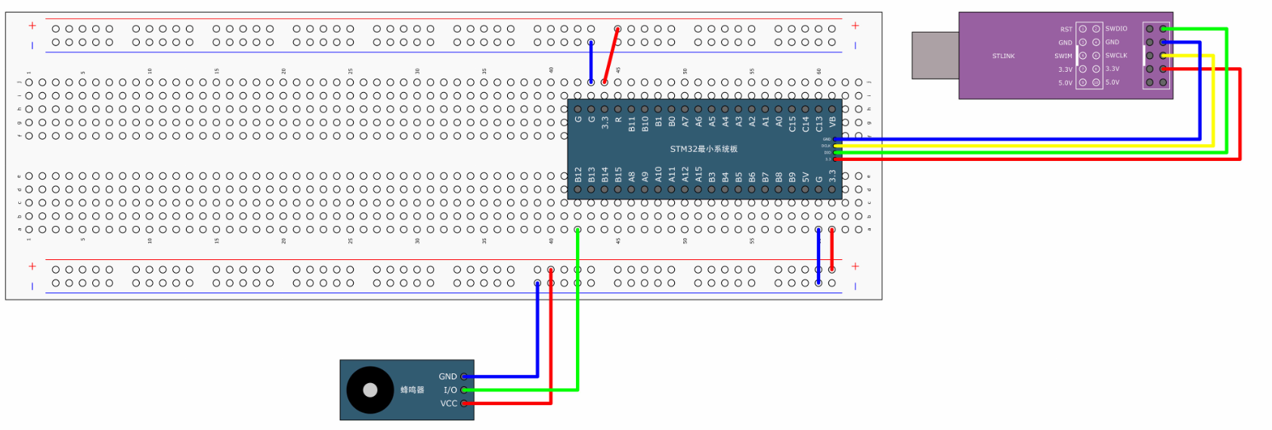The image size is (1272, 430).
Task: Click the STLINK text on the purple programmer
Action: [1003, 56]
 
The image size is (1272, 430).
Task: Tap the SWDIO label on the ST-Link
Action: [1116, 29]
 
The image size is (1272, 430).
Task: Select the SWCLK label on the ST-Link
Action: [1116, 55]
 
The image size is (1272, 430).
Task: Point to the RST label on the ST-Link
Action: [1066, 29]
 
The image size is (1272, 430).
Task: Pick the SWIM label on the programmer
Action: [1063, 56]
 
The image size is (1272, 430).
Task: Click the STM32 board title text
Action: [703, 149]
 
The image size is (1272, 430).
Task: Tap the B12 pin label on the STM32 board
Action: [578, 175]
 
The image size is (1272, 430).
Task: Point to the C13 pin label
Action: [819, 123]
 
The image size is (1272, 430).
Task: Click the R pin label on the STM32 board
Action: [618, 119]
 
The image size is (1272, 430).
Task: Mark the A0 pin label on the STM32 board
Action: [778, 121]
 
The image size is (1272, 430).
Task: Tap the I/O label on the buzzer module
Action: [450, 390]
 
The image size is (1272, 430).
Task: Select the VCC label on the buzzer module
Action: [449, 404]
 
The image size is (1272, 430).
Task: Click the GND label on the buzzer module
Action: [447, 376]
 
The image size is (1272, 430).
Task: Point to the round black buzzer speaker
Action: [370, 390]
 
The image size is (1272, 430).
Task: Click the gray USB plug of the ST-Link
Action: [935, 55]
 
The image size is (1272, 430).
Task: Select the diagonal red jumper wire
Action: [611, 55]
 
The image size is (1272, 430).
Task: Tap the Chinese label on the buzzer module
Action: [412, 390]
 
